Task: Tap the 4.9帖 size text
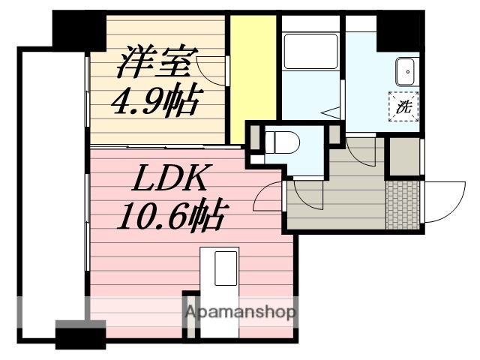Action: (155, 100)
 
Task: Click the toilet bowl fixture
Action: (285, 142)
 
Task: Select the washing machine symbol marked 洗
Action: (403, 106)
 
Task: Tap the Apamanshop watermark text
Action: (240, 312)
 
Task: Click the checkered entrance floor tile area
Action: (403, 205)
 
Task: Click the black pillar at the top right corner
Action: (397, 30)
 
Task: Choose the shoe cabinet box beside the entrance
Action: (403, 156)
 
